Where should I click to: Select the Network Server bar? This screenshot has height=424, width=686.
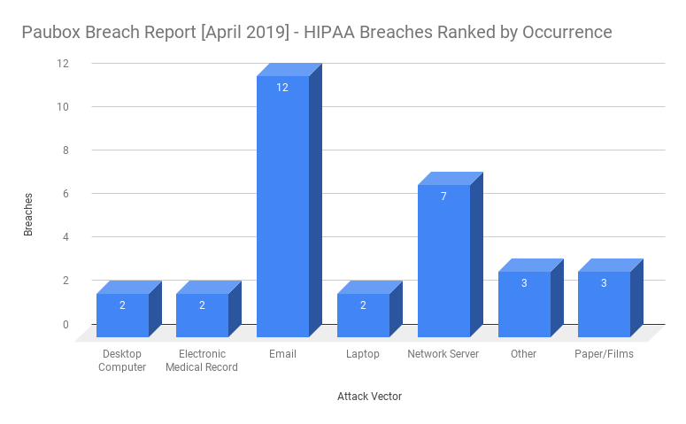point(443,260)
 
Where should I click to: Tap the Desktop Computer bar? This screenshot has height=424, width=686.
point(122,315)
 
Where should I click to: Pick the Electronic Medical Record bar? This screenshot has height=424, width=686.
point(202,315)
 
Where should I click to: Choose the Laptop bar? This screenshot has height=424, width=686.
point(363,315)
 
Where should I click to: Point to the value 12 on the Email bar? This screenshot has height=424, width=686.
point(282,87)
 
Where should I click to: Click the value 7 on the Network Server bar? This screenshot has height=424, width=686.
point(443,196)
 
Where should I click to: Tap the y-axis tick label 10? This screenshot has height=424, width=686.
point(63,107)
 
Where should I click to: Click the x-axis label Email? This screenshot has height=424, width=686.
point(282,354)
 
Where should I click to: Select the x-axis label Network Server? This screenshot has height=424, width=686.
point(443,354)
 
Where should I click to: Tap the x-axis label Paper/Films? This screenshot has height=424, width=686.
point(604,354)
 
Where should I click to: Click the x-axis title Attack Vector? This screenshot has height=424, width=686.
point(369,397)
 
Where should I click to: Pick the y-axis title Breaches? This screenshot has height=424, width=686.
point(28,214)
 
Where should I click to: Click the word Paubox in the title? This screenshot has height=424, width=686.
point(54,33)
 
